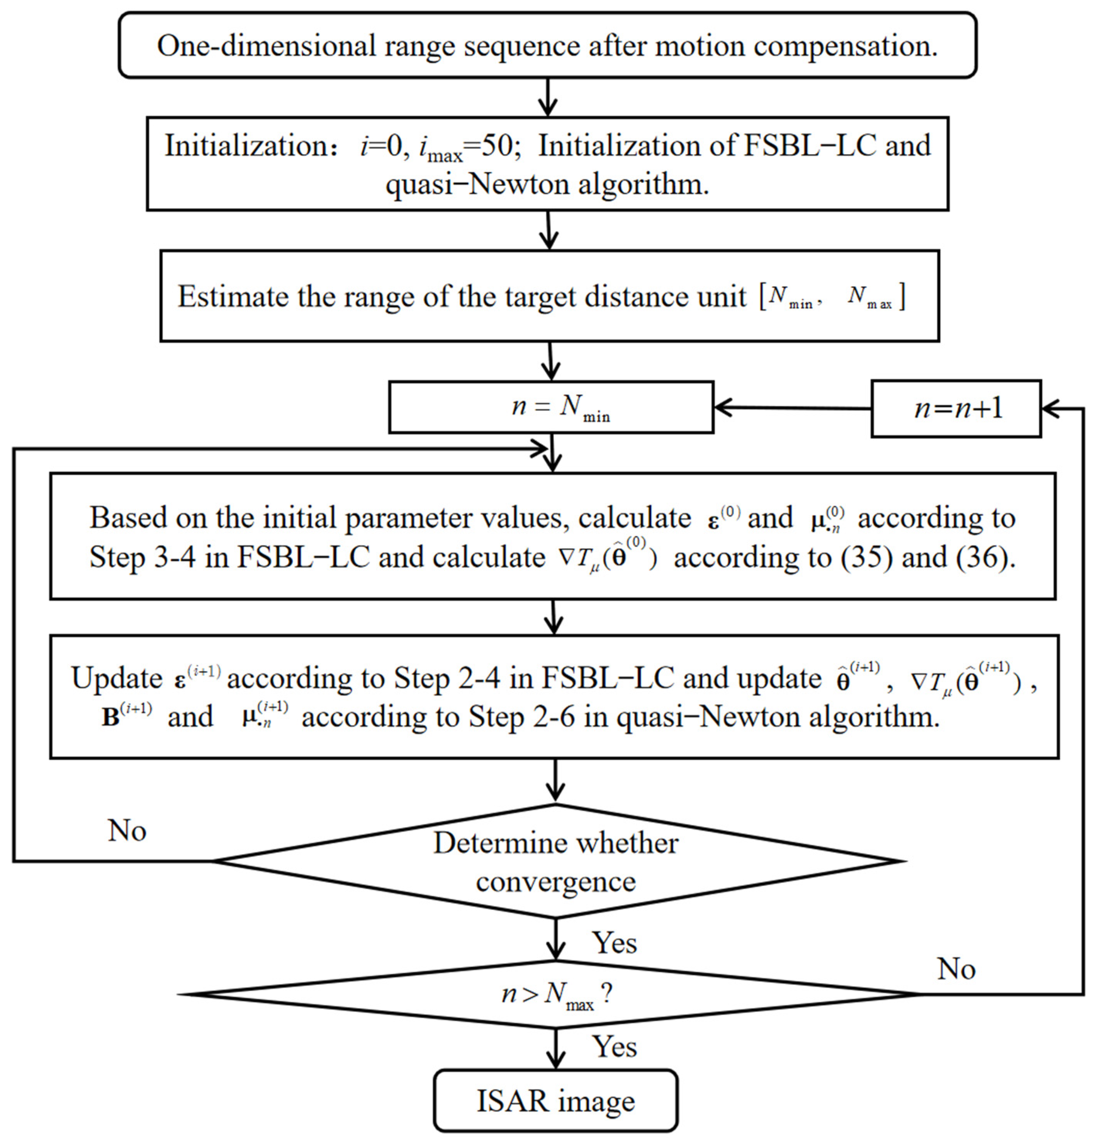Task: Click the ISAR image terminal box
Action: click(x=555, y=1101)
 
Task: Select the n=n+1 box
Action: click(x=955, y=408)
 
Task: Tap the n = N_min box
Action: click(x=551, y=407)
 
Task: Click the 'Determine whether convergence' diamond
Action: click(x=555, y=861)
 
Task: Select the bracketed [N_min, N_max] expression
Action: click(x=832, y=297)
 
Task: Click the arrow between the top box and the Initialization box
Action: click(x=547, y=97)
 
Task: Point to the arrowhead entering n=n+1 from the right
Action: click(x=1050, y=408)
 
